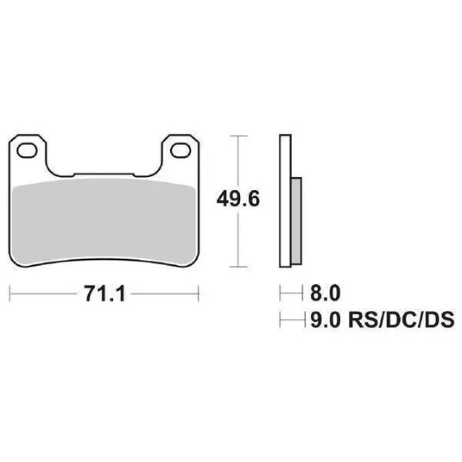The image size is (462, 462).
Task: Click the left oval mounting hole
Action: (29, 151)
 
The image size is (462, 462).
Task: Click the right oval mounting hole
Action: (182, 151)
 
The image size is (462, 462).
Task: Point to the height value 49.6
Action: (238, 198)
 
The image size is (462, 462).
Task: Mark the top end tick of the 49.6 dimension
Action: (238, 136)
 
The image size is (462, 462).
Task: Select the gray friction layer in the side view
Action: (296, 220)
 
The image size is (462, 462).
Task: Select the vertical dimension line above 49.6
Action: (238, 160)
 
